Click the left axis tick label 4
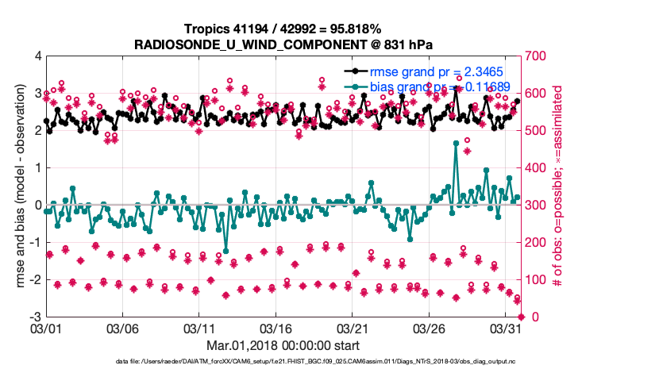pyautogui.click(x=37, y=56)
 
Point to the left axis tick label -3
pyautogui.click(x=34, y=317)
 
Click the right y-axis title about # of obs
pyautogui.click(x=567, y=186)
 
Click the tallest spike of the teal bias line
pyautogui.click(x=456, y=143)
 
